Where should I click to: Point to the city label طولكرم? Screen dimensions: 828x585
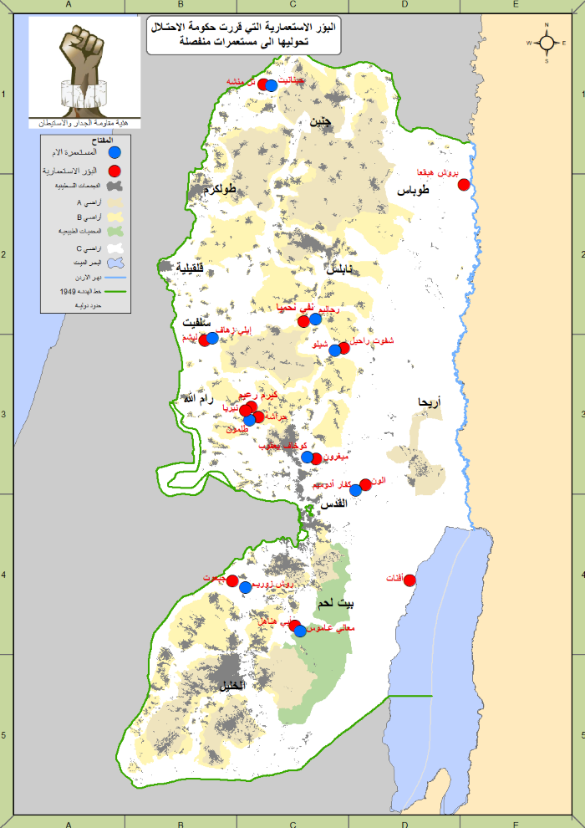(218, 190)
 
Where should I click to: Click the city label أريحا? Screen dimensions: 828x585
(430, 402)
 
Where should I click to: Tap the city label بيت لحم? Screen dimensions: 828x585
(335, 603)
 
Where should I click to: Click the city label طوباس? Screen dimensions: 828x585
(413, 190)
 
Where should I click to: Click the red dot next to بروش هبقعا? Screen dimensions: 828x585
(464, 184)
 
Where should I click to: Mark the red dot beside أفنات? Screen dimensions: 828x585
(409, 580)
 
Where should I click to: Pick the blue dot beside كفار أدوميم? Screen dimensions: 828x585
(355, 491)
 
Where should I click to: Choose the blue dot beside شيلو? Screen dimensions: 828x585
(334, 350)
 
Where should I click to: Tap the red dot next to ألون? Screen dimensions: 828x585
(365, 485)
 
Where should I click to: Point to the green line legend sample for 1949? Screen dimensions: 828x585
(117, 292)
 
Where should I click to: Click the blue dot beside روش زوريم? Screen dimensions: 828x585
(246, 587)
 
